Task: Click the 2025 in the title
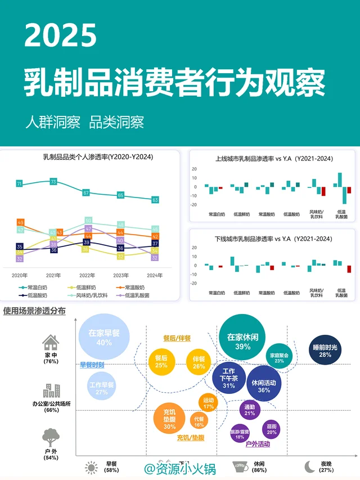pos(61,37)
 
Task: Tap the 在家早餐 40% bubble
pos(104,337)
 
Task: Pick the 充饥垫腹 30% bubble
pos(169,417)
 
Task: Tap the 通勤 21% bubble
pos(250,410)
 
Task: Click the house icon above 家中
pos(51,342)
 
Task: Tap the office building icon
pos(51,391)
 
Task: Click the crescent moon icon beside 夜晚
pos(309,466)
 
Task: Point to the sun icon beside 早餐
pos(91,467)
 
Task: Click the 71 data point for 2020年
pos(19,184)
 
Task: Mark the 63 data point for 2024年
pos(155,200)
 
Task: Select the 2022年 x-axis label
pos(87,275)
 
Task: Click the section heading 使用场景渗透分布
pos(34,311)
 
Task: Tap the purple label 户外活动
pos(258,444)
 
